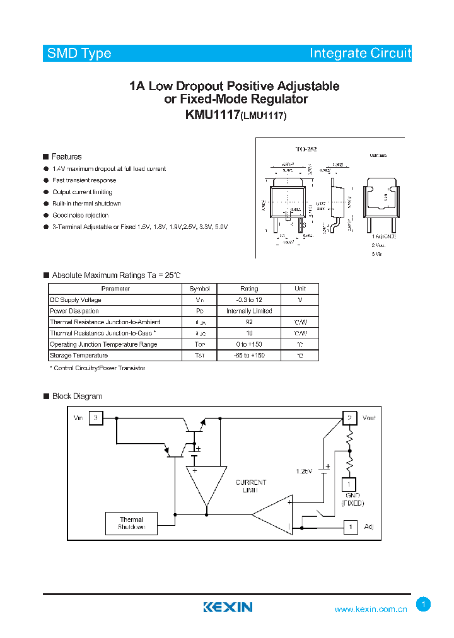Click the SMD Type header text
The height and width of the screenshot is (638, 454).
[79, 54]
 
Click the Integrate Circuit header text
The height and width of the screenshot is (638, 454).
[359, 54]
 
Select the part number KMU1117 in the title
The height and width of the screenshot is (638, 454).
[212, 115]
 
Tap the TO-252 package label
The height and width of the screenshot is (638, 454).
[306, 149]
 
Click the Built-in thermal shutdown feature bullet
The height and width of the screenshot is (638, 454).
[86, 204]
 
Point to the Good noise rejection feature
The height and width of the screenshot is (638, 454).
[81, 215]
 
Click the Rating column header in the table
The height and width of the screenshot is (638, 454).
[249, 289]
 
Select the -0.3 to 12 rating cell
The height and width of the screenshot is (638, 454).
[249, 300]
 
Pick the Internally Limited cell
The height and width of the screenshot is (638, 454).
[249, 311]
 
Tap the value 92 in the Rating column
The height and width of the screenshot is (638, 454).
[249, 322]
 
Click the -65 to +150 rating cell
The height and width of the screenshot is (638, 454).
[249, 356]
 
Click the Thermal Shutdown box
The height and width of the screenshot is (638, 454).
[131, 523]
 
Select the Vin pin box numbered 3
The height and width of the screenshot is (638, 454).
[96, 418]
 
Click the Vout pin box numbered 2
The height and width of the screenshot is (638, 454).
[349, 418]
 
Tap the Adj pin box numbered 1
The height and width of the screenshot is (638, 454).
[349, 526]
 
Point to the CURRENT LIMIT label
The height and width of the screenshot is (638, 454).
[250, 486]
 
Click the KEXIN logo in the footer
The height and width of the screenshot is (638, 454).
[228, 607]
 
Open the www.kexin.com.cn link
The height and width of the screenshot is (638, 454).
[371, 610]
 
